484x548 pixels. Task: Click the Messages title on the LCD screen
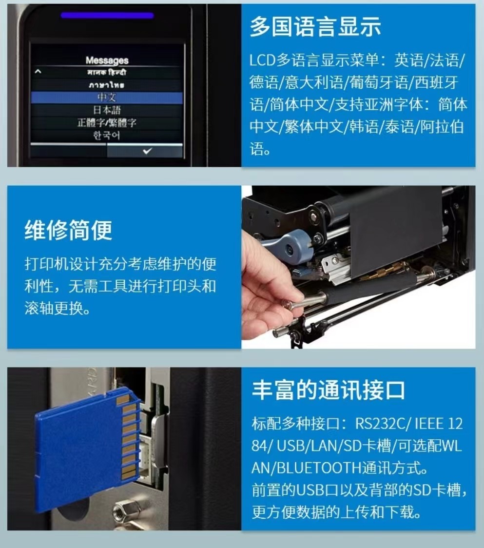click(107, 60)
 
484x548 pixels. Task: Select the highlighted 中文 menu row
click(107, 98)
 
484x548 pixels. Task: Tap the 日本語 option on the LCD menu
click(107, 110)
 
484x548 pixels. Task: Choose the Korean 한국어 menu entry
click(107, 135)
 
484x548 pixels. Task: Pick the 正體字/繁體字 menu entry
click(107, 123)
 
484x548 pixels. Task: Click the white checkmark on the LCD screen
click(148, 151)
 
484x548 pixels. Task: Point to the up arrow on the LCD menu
click(38, 72)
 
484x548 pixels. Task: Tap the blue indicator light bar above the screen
click(107, 16)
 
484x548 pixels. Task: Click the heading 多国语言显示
click(315, 26)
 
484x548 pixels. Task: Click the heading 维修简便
click(69, 230)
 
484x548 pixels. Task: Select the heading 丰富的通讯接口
click(328, 390)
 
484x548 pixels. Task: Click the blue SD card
click(87, 450)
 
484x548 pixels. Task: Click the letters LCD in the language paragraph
click(262, 60)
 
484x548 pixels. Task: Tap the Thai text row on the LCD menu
click(107, 84)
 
